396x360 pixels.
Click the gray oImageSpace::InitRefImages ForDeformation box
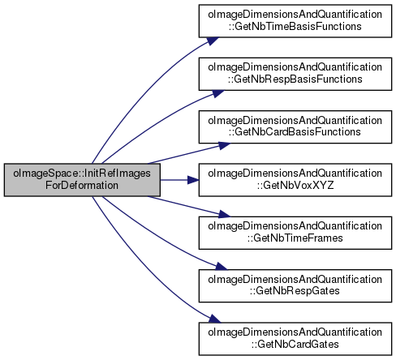[x=82, y=180]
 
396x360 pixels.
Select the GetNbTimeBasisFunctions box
[x=295, y=21]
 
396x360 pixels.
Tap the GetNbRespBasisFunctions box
[x=295, y=74]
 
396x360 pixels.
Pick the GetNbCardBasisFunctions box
[x=295, y=126]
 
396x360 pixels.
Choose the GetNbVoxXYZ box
[x=295, y=180]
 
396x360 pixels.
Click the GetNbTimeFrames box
[x=295, y=233]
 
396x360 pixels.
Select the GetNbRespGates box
[x=295, y=285]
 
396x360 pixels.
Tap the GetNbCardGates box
[x=295, y=339]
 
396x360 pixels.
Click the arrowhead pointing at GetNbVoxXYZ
[x=193, y=180]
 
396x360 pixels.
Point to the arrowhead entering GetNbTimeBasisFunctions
[x=213, y=41]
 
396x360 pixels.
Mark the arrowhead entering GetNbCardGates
[x=215, y=319]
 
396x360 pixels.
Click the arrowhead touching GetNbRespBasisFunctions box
[x=218, y=93]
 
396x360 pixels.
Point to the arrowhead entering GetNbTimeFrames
[x=224, y=214]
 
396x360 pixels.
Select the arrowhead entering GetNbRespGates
[x=222, y=266]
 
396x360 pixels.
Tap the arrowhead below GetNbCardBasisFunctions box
[x=224, y=146]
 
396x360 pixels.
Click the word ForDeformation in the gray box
[x=82, y=186]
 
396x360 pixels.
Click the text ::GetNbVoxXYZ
[x=295, y=186]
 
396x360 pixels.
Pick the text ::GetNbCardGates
[x=295, y=345]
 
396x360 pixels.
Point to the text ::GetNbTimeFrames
[x=295, y=238]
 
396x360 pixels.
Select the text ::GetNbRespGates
[x=295, y=292]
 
